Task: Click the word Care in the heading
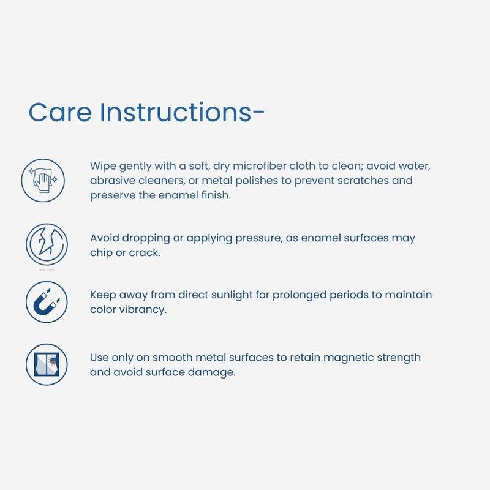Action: pos(60,112)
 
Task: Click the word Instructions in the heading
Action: pos(176,111)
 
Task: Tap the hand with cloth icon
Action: pos(43,180)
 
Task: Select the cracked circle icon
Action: pos(47,244)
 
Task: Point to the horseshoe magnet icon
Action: pos(47,302)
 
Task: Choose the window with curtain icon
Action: pos(47,364)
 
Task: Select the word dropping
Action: pos(146,238)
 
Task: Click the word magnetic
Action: pos(349,358)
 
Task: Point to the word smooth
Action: pos(172,358)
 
